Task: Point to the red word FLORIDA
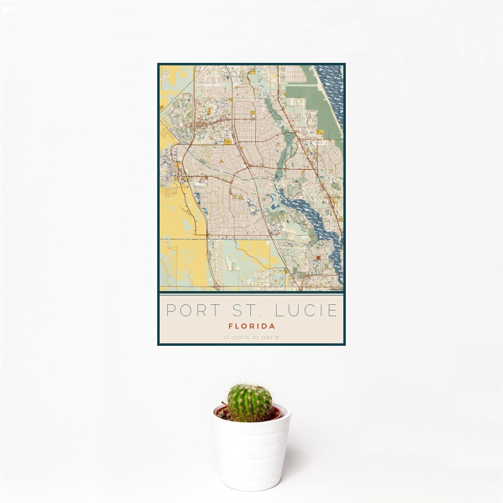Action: coord(251,327)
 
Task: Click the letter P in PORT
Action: coord(170,311)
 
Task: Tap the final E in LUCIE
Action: coord(333,311)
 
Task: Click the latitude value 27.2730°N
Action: coord(236,338)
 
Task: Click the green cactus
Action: coord(249,403)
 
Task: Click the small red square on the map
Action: coord(319,257)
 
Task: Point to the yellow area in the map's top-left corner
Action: coord(169,82)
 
